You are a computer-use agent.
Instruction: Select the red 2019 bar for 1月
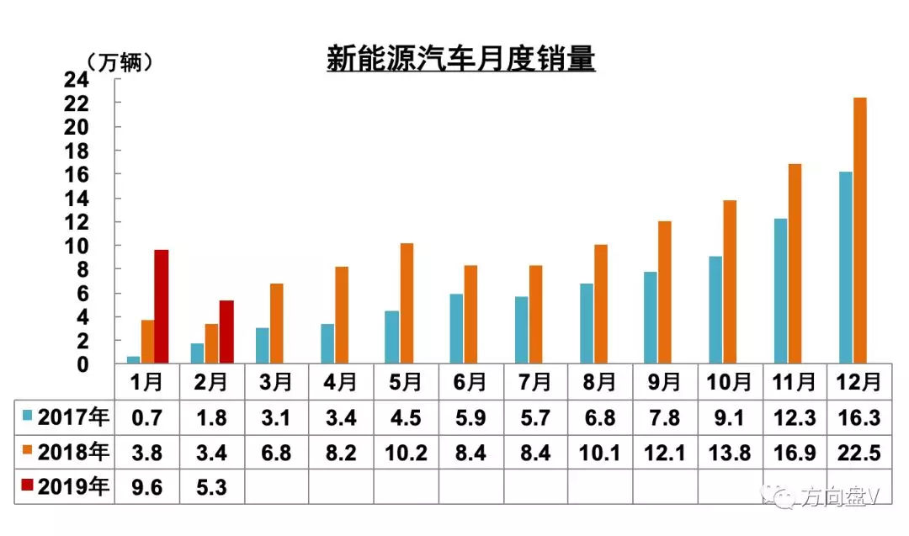click(161, 307)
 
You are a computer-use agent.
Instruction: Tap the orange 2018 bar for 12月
click(860, 231)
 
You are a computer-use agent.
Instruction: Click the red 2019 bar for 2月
click(226, 332)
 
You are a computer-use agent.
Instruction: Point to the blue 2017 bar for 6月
click(455, 329)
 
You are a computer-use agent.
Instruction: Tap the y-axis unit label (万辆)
click(120, 61)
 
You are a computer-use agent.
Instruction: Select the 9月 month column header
click(664, 382)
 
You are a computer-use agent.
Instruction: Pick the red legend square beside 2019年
click(29, 487)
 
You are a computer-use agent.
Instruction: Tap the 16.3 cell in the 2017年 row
click(859, 417)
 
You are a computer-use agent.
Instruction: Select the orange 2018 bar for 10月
click(730, 282)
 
